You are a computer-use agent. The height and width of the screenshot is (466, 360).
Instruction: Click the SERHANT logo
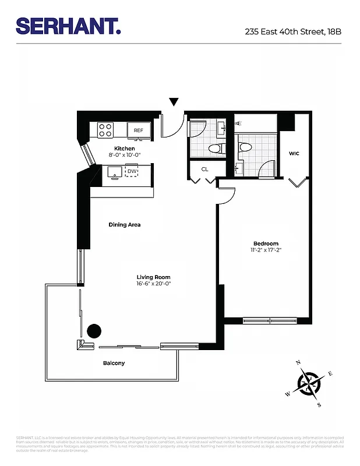[68, 26]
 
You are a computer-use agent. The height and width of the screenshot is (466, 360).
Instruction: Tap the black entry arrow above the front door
[174, 103]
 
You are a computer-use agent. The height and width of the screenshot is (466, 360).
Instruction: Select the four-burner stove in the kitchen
[105, 130]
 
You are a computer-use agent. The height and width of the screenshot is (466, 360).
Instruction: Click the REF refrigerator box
[139, 130]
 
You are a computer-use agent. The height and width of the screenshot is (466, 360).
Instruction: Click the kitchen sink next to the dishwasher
[114, 171]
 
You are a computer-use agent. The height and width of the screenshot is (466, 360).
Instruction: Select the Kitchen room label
[124, 149]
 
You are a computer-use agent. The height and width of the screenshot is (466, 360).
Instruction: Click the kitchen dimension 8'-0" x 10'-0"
[124, 156]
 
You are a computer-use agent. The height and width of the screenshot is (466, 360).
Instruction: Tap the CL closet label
[205, 170]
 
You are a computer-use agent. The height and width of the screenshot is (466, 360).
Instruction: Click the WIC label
[294, 154]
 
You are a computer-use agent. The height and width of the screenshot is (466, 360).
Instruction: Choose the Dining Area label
[125, 224]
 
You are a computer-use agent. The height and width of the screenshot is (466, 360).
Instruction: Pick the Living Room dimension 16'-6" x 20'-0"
[154, 284]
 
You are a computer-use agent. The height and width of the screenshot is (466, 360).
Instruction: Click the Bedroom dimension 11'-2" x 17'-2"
[266, 250]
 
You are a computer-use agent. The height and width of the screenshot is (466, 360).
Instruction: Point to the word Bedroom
[266, 243]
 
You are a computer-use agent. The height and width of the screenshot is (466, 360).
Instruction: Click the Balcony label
[114, 363]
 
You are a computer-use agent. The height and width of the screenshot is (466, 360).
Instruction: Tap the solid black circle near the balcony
[94, 331]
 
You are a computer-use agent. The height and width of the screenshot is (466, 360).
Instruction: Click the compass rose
[309, 383]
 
